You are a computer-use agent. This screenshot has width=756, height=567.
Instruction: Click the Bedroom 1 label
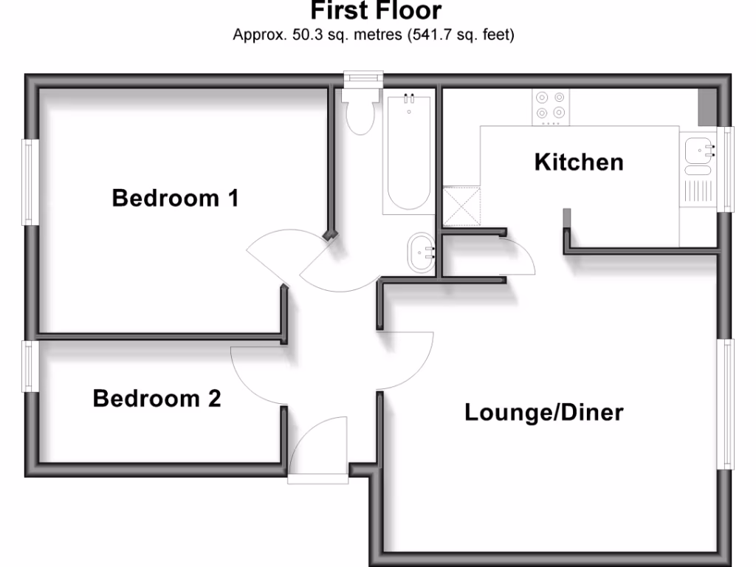coord(175,198)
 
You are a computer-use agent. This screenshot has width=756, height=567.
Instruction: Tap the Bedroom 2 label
coord(157,399)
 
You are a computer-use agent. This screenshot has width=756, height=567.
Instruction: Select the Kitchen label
coord(579,162)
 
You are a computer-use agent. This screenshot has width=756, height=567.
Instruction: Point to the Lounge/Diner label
coord(543,412)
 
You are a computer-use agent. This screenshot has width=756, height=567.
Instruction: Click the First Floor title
coord(376,11)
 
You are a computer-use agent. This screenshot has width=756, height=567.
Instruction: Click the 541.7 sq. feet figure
coord(461,34)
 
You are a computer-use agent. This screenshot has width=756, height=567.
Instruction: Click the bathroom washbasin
coord(421,252)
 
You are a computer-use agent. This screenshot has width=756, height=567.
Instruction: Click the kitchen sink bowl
coord(696,151)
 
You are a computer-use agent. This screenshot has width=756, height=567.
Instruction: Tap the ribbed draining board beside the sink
coord(697,190)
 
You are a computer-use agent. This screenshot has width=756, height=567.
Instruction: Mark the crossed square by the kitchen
coord(461,205)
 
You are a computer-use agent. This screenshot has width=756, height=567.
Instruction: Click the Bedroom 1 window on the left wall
coord(30,182)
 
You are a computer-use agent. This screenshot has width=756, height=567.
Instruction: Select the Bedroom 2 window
coord(30,366)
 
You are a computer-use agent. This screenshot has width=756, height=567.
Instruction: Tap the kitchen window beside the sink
coord(728,169)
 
